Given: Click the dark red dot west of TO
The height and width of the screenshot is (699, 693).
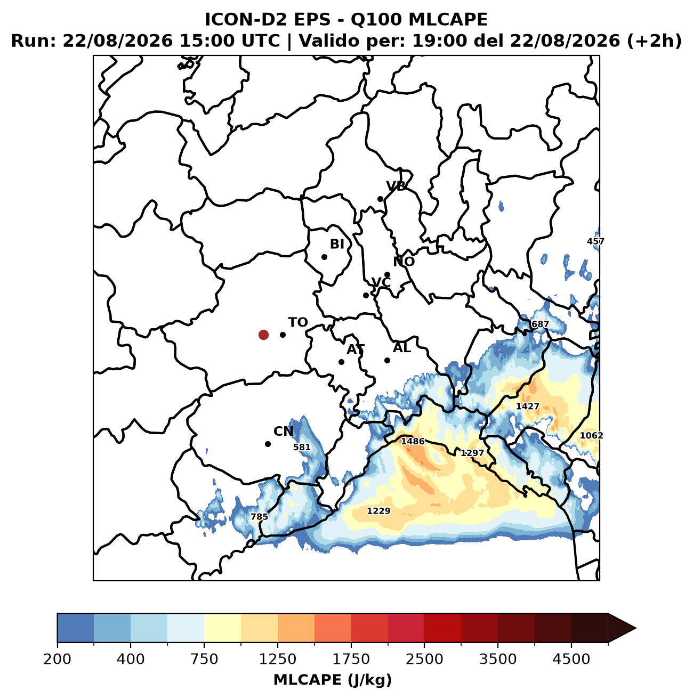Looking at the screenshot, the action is (263, 335).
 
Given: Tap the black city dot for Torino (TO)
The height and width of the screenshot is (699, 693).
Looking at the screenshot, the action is (283, 335).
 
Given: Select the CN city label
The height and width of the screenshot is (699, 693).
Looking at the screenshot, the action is (284, 432).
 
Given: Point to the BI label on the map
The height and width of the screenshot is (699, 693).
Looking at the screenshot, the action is (337, 244).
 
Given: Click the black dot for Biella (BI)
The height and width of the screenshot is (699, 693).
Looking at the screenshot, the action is (325, 257).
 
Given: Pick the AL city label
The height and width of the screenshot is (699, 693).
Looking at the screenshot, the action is (402, 348).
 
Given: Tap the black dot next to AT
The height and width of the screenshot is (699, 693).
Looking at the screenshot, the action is (341, 362).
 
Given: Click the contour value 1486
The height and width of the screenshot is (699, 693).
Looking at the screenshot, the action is (413, 441).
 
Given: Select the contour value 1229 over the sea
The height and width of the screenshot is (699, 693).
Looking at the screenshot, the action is (378, 511).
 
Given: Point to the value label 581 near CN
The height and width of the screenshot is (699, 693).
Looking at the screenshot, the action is (302, 447).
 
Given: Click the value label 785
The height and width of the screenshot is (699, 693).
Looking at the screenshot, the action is (260, 517).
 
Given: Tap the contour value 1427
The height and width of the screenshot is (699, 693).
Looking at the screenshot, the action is (528, 407).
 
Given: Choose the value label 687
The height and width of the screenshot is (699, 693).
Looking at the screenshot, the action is (540, 324).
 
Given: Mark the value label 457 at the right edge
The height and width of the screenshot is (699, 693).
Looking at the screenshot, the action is (595, 241).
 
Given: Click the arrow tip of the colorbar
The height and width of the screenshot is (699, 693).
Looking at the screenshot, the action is (635, 628).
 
